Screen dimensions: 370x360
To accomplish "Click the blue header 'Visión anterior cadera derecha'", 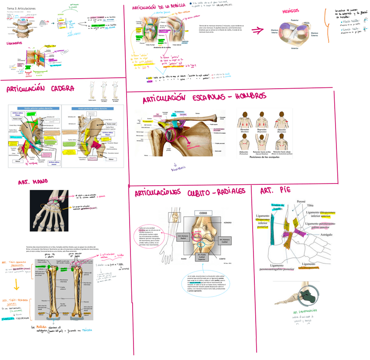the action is pos(35,108).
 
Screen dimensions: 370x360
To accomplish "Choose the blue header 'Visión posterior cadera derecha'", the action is pos(92,108).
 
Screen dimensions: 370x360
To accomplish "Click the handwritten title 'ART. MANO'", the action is pos(33,182).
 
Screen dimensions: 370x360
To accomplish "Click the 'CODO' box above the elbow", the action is pos(203,214).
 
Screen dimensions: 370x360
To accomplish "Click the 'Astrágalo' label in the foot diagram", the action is pos(330,235).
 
